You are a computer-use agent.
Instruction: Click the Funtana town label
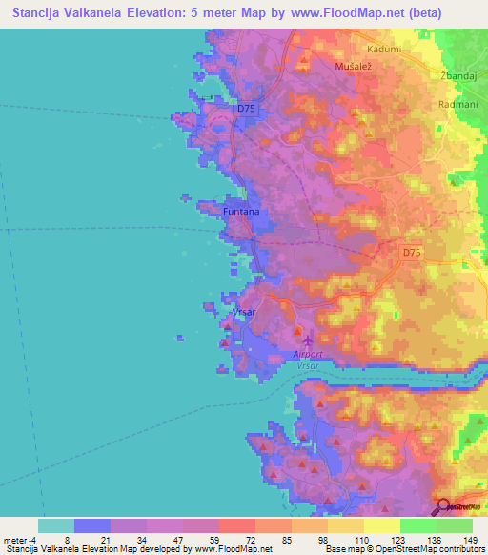tap(241, 213)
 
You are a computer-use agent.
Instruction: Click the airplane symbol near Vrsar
tap(306, 339)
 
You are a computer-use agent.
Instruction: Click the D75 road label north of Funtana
tap(247, 109)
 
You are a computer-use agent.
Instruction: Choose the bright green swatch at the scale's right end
tap(455, 525)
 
